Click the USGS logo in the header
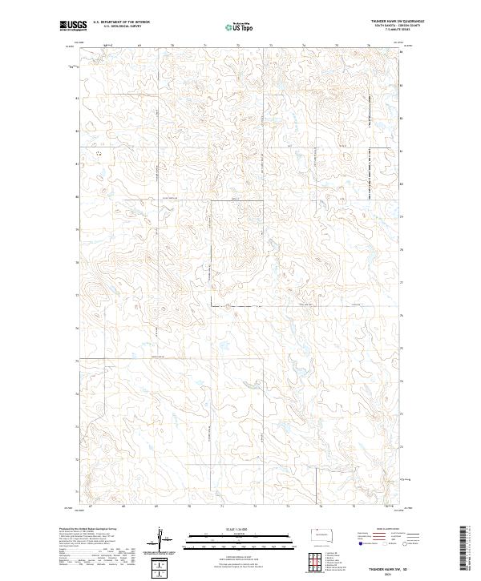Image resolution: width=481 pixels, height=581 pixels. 71,25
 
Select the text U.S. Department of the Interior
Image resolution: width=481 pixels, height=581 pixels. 121,22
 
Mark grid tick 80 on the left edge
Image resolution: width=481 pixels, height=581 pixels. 77,196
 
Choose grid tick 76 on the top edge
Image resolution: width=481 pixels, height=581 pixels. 368,46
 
